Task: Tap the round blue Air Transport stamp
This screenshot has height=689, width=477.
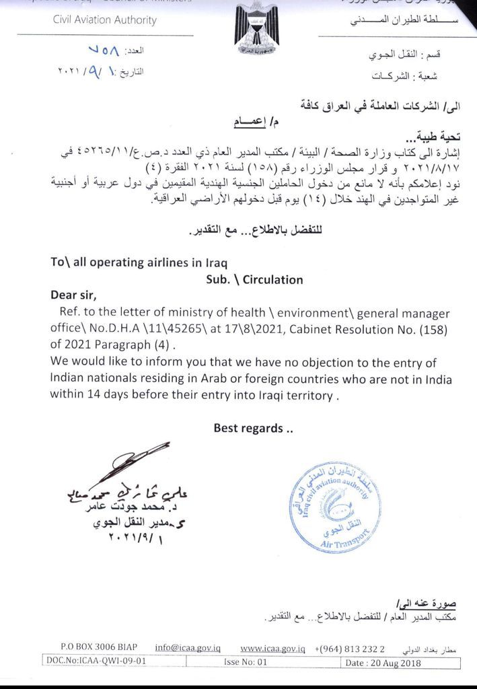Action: point(330,499)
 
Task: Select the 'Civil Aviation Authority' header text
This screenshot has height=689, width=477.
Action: point(105,20)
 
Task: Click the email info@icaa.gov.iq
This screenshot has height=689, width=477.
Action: point(188,647)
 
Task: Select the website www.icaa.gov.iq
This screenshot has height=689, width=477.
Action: point(273,648)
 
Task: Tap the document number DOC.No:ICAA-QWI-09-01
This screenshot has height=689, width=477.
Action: point(96,661)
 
